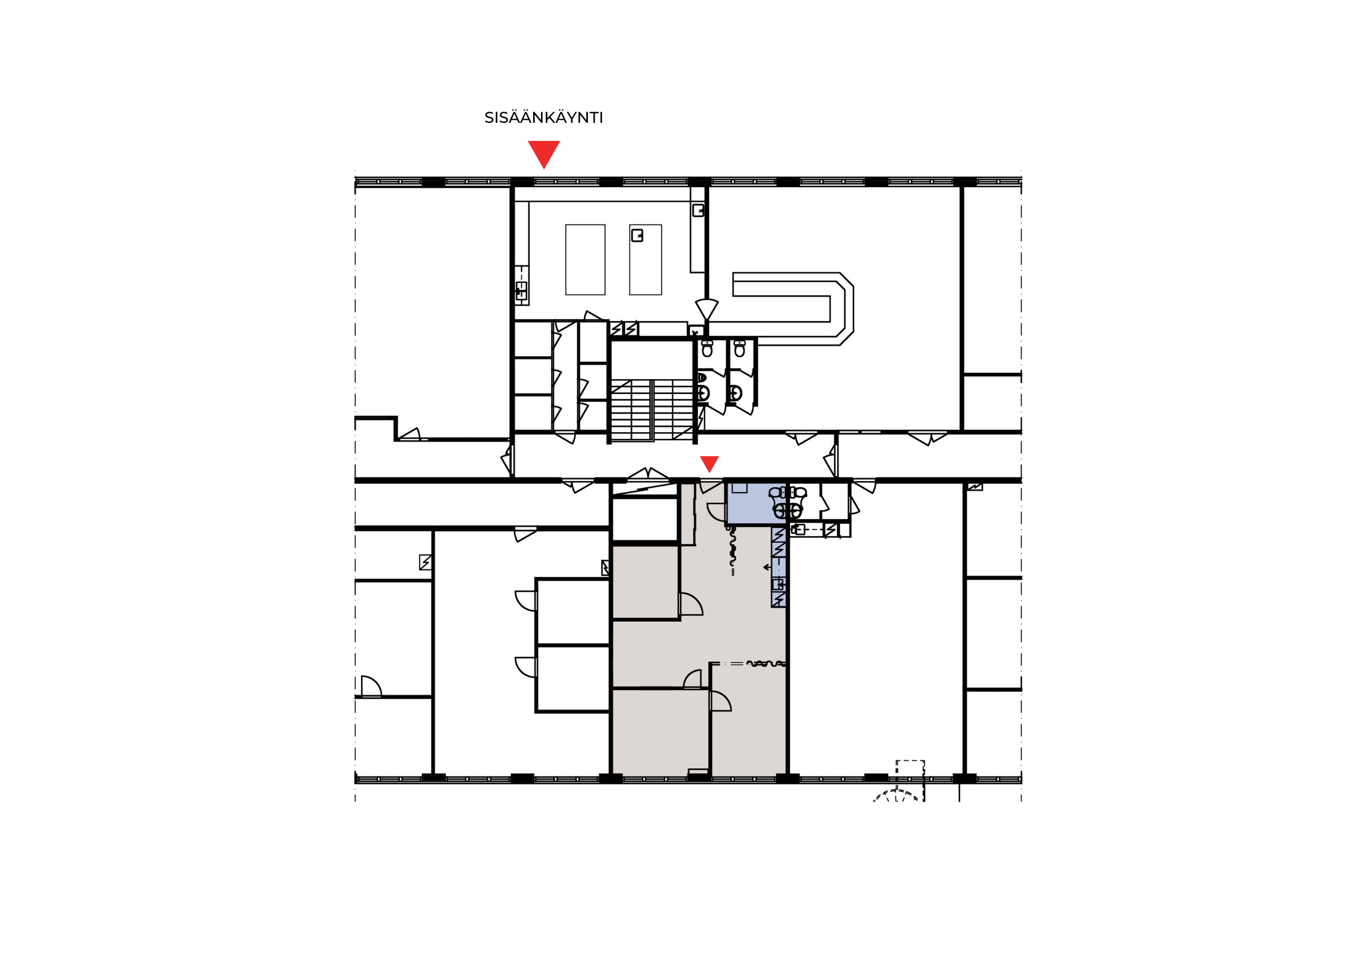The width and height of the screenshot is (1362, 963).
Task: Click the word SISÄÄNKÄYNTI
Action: click(543, 118)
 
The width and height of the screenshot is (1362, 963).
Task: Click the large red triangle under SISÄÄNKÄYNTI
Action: click(544, 153)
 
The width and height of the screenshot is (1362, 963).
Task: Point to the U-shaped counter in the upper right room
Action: click(794, 309)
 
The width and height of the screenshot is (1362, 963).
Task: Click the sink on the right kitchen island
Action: click(637, 236)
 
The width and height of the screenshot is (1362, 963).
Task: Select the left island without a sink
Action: click(585, 259)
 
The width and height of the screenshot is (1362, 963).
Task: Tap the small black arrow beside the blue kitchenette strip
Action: click(767, 567)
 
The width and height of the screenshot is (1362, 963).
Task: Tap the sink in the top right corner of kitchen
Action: click(698, 210)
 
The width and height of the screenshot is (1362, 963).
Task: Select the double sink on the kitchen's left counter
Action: click(521, 290)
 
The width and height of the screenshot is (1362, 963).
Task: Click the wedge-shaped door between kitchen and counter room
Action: click(707, 309)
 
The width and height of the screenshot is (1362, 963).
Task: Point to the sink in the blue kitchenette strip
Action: click(778, 584)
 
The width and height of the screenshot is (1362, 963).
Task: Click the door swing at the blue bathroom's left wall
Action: click(717, 512)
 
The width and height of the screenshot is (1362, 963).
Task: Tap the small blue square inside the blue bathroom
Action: click(740, 488)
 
